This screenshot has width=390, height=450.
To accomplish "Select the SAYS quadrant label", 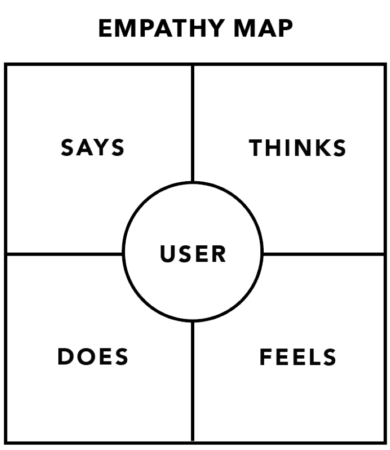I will (x=93, y=148).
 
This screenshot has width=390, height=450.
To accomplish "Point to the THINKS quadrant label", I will (x=298, y=148).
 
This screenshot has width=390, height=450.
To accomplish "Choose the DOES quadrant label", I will (x=93, y=357).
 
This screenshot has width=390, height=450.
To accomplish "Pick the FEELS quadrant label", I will (x=298, y=357).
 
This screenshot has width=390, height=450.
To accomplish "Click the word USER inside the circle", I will (x=193, y=254).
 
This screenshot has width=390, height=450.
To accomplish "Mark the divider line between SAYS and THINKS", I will (x=193, y=122).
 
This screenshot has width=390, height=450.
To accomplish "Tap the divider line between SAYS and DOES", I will (x=64, y=254).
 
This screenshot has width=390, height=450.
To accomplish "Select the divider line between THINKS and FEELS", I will (x=323, y=254).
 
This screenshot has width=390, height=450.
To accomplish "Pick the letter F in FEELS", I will (x=265, y=357).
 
